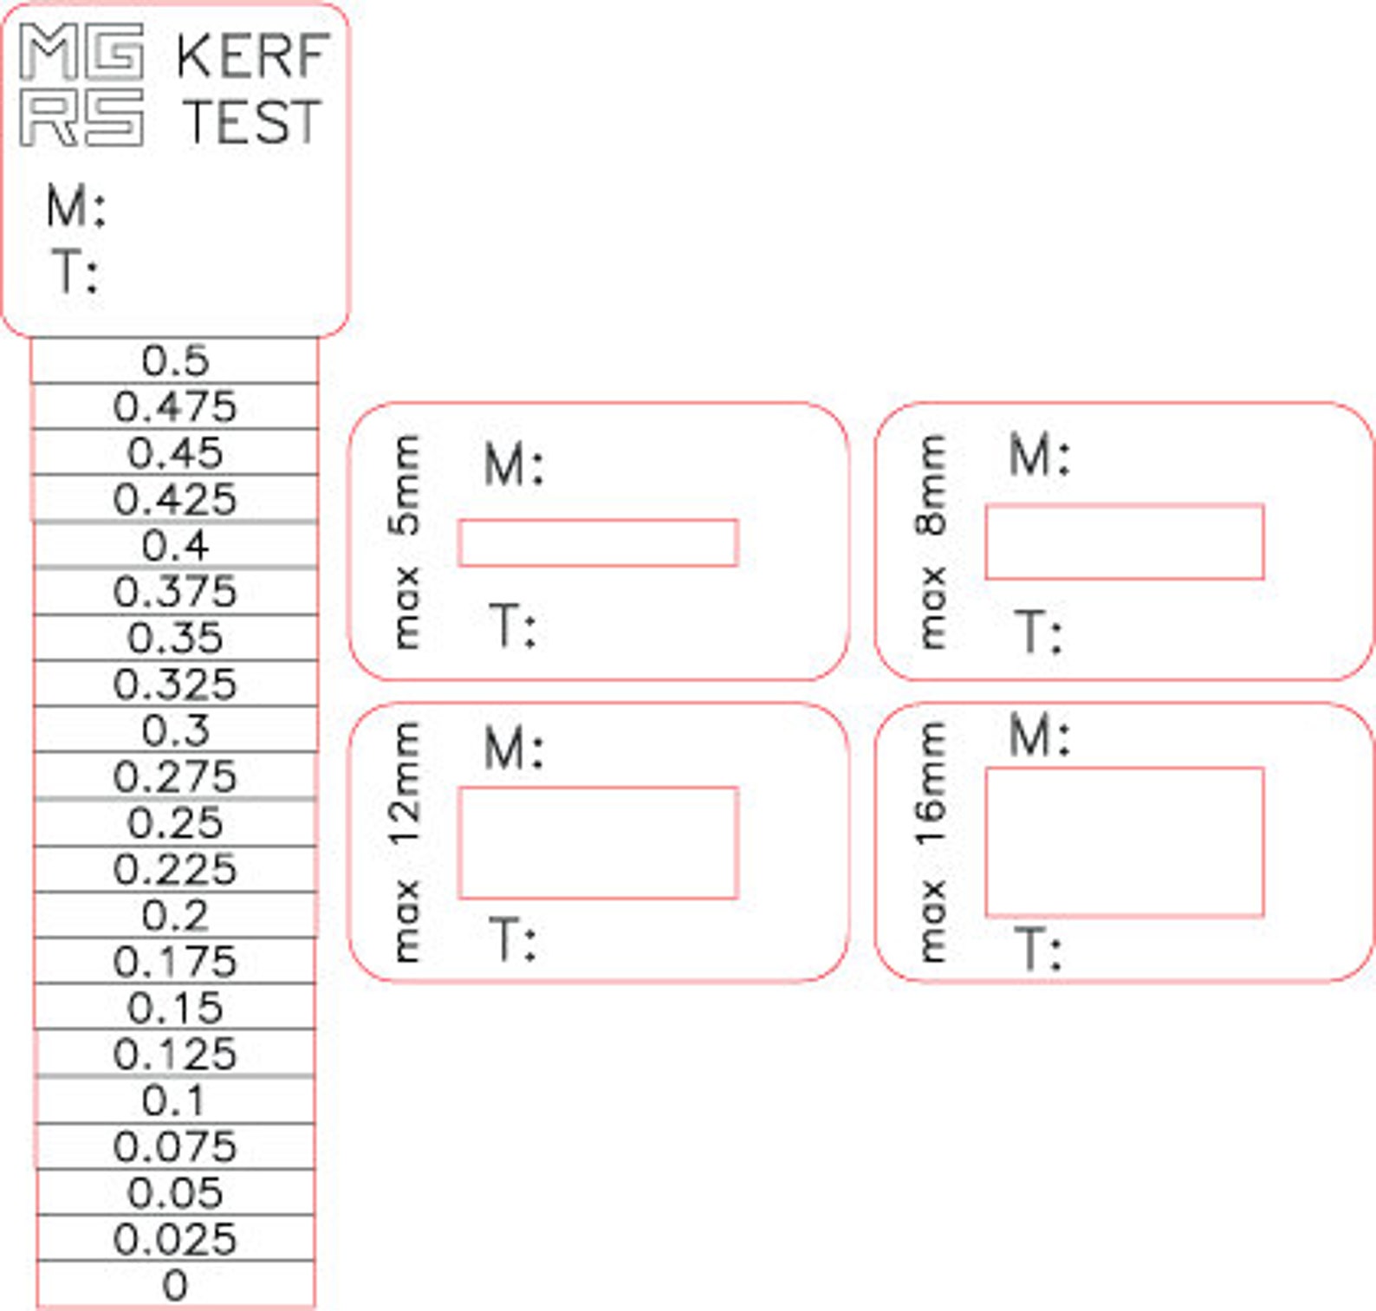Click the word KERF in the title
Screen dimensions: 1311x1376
[x=251, y=56]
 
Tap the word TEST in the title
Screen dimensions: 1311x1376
[x=251, y=121]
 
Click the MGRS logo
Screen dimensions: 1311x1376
[x=81, y=85]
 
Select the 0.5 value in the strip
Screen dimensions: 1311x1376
[x=175, y=360]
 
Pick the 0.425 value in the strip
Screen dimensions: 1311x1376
[x=175, y=500]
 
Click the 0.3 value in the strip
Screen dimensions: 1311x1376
[x=175, y=731]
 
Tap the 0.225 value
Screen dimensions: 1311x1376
[x=175, y=870]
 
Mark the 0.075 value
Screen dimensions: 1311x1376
[x=175, y=1147]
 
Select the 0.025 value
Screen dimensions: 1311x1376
[x=175, y=1240]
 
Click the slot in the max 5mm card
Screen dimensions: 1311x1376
[x=598, y=543]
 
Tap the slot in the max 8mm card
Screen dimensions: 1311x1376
[x=1125, y=542]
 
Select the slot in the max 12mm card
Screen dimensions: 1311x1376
[x=598, y=843]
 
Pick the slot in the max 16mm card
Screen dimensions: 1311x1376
[x=1125, y=841]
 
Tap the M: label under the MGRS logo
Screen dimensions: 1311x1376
[x=76, y=208]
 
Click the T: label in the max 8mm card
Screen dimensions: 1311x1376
[x=1038, y=632]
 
